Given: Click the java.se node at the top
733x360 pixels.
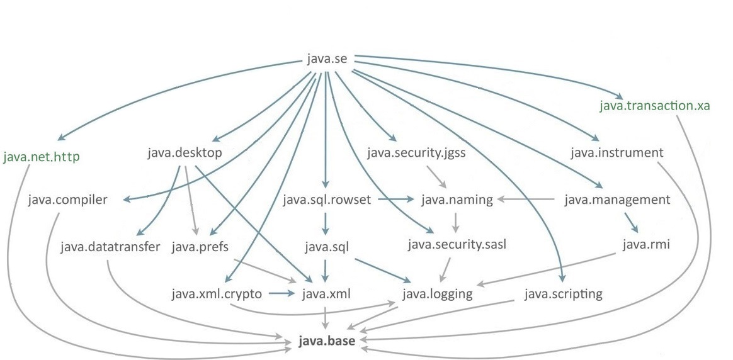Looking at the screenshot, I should tap(326, 60).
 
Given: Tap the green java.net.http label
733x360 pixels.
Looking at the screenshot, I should tap(42, 157).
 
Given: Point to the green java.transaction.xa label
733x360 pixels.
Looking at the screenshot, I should tap(655, 105).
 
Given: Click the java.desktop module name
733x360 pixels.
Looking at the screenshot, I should tap(185, 153).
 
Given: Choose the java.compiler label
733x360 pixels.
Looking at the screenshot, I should tap(67, 200).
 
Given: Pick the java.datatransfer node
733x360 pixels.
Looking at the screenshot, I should tap(111, 245).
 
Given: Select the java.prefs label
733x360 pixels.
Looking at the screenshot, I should tap(200, 245).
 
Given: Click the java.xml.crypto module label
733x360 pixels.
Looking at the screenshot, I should tap(216, 293).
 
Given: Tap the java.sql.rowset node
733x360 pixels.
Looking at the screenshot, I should tap(327, 200).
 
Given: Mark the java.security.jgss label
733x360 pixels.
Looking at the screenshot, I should tap(416, 153).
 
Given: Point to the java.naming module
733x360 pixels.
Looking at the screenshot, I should tap(457, 200).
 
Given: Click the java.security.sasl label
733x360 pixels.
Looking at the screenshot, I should tap(457, 245).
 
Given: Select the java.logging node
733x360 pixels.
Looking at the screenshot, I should tap(438, 293).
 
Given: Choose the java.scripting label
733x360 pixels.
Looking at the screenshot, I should tap(563, 293).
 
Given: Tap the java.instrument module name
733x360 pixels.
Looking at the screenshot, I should tap(617, 153).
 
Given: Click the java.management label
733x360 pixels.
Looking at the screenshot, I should tap(617, 200).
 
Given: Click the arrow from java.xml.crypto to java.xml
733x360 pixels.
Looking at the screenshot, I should tap(281, 293).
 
